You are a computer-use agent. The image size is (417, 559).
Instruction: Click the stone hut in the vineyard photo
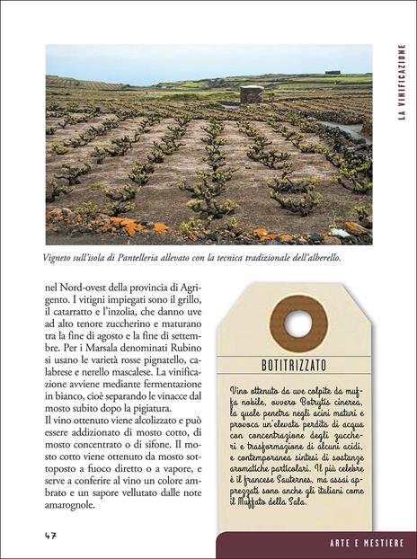click(252, 94)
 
